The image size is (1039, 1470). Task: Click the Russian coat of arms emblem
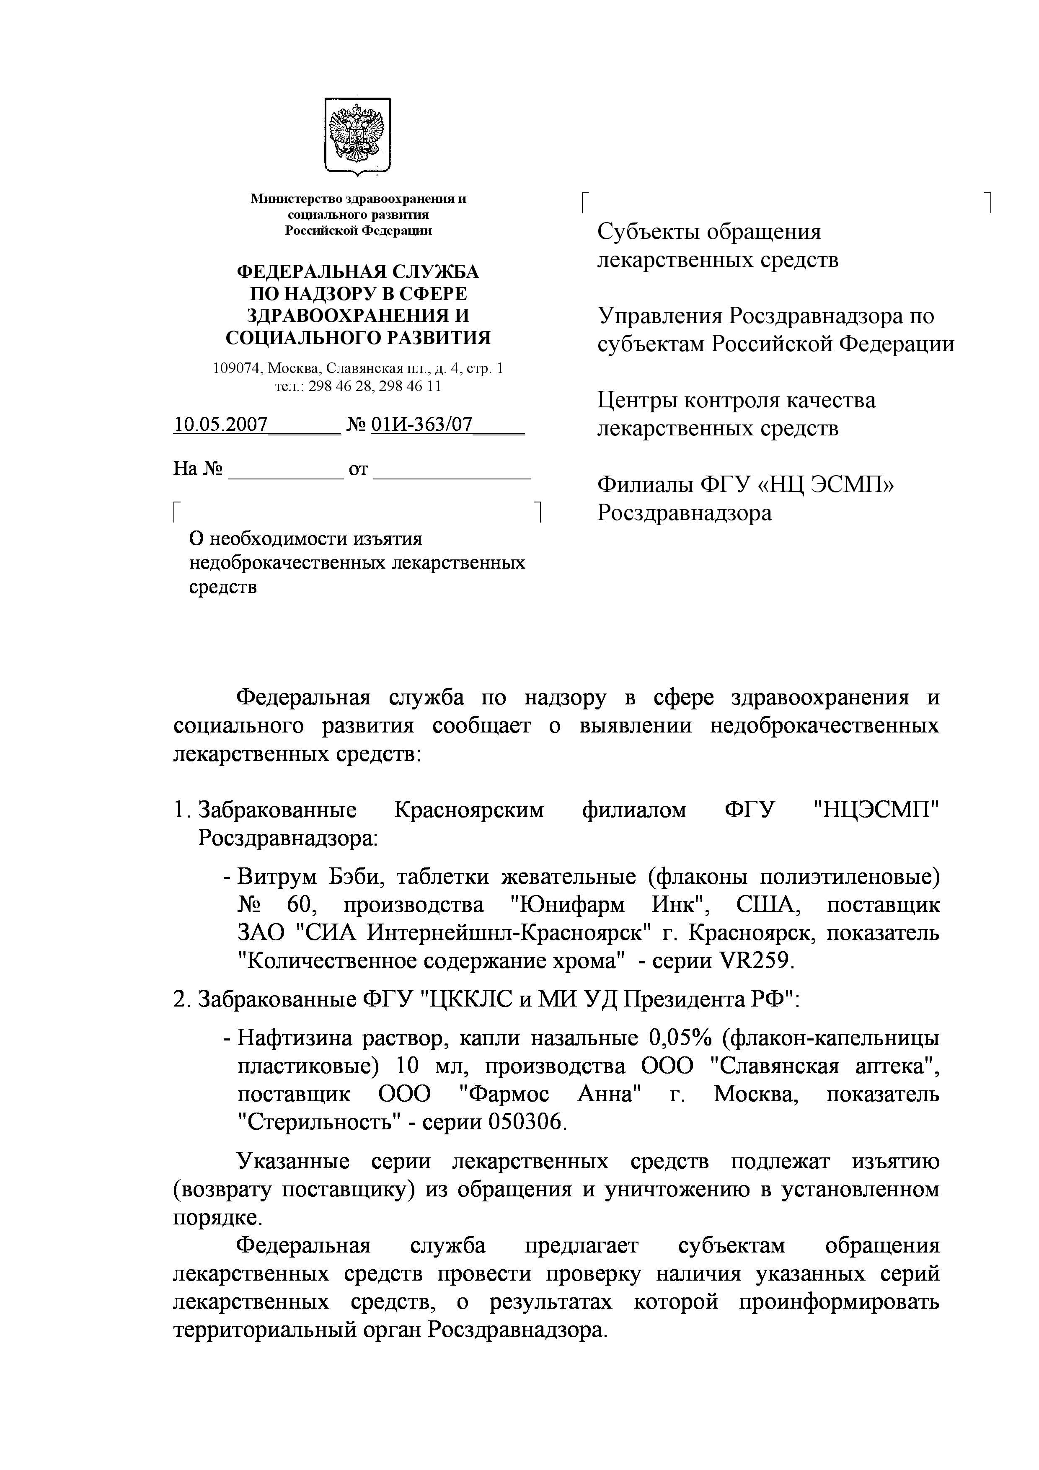point(357,135)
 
